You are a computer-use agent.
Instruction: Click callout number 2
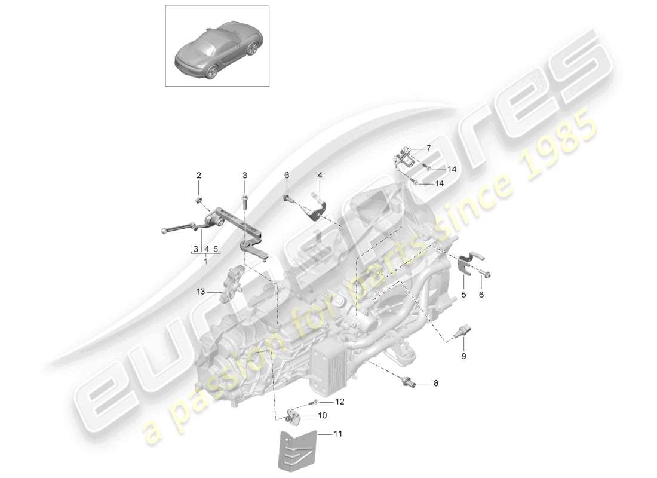coord(199,175)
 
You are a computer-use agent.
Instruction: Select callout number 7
coord(428,148)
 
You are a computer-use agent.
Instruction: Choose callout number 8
coord(435,383)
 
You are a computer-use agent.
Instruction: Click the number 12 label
coord(340,402)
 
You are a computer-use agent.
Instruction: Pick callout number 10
coord(322,415)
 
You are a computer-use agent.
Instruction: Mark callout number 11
coord(339,435)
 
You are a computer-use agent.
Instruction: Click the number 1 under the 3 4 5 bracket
coord(206,261)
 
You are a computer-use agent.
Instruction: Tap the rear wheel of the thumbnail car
coord(213,72)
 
